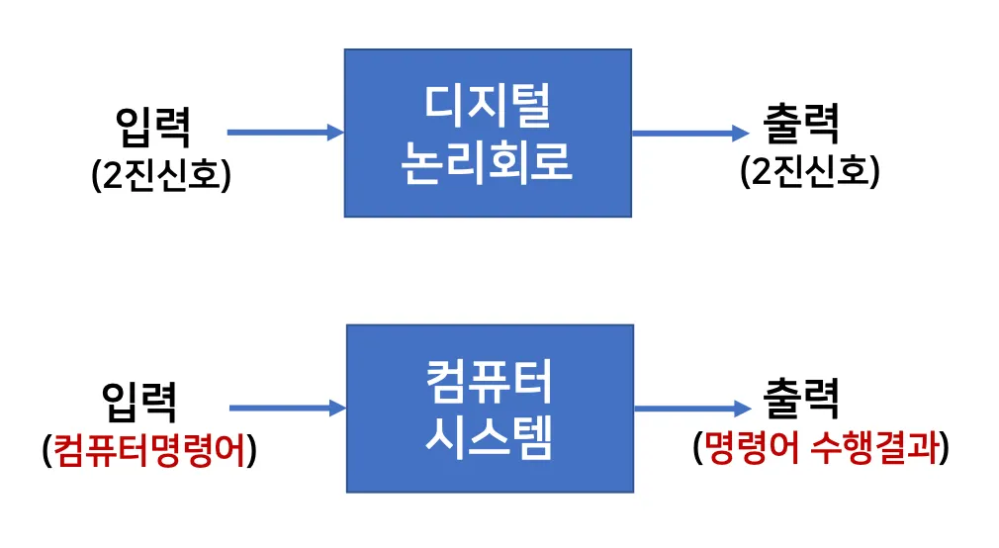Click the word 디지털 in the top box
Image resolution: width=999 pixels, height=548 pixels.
tap(488, 104)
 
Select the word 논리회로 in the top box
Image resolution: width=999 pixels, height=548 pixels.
tap(488, 162)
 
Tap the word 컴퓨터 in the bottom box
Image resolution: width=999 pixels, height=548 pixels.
tap(490, 381)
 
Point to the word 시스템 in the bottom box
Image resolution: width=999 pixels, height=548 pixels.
tap(490, 437)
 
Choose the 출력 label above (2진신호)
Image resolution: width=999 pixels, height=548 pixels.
tap(802, 126)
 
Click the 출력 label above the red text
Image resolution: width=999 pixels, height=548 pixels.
tap(802, 401)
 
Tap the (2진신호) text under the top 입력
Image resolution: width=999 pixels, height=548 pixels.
tap(160, 175)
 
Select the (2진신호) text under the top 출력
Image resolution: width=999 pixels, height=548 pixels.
tap(809, 172)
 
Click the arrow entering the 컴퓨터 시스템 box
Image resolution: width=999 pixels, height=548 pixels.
tap(287, 408)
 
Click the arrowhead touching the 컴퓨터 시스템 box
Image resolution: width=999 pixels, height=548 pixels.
tap(337, 408)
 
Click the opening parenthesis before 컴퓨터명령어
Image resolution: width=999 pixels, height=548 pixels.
tap(47, 451)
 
